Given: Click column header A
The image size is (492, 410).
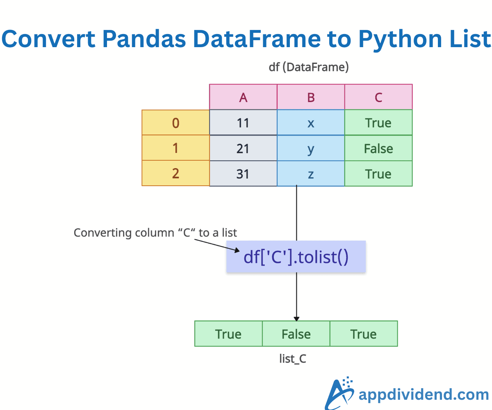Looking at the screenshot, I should (x=243, y=97).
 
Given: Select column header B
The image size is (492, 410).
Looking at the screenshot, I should (x=311, y=97).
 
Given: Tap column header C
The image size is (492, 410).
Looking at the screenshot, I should (x=378, y=97).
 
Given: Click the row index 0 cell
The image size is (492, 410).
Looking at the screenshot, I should (x=175, y=123).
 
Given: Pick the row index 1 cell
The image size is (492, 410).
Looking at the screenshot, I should (x=175, y=148).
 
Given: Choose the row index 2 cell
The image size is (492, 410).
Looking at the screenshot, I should (x=175, y=173).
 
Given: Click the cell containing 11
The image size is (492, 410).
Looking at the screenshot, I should (x=243, y=123).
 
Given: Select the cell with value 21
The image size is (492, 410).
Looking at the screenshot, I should (x=243, y=148).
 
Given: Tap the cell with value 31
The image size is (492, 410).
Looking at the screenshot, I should (x=243, y=173).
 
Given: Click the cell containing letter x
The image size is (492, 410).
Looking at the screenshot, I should (x=311, y=123).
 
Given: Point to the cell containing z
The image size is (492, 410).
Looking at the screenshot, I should (x=311, y=173).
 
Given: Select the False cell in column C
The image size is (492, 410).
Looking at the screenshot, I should (x=378, y=148).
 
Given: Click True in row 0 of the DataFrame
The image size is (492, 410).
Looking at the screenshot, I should (x=378, y=123).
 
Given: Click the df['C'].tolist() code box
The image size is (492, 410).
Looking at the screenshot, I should (x=296, y=257).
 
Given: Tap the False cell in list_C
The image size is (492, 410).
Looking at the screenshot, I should (x=296, y=334).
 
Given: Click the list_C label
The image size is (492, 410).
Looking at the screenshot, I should (x=293, y=359).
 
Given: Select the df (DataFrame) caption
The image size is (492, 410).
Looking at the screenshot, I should (x=308, y=67).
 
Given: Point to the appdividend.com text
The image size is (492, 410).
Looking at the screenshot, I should (x=424, y=394).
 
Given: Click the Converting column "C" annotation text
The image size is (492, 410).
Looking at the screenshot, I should (x=155, y=233).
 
